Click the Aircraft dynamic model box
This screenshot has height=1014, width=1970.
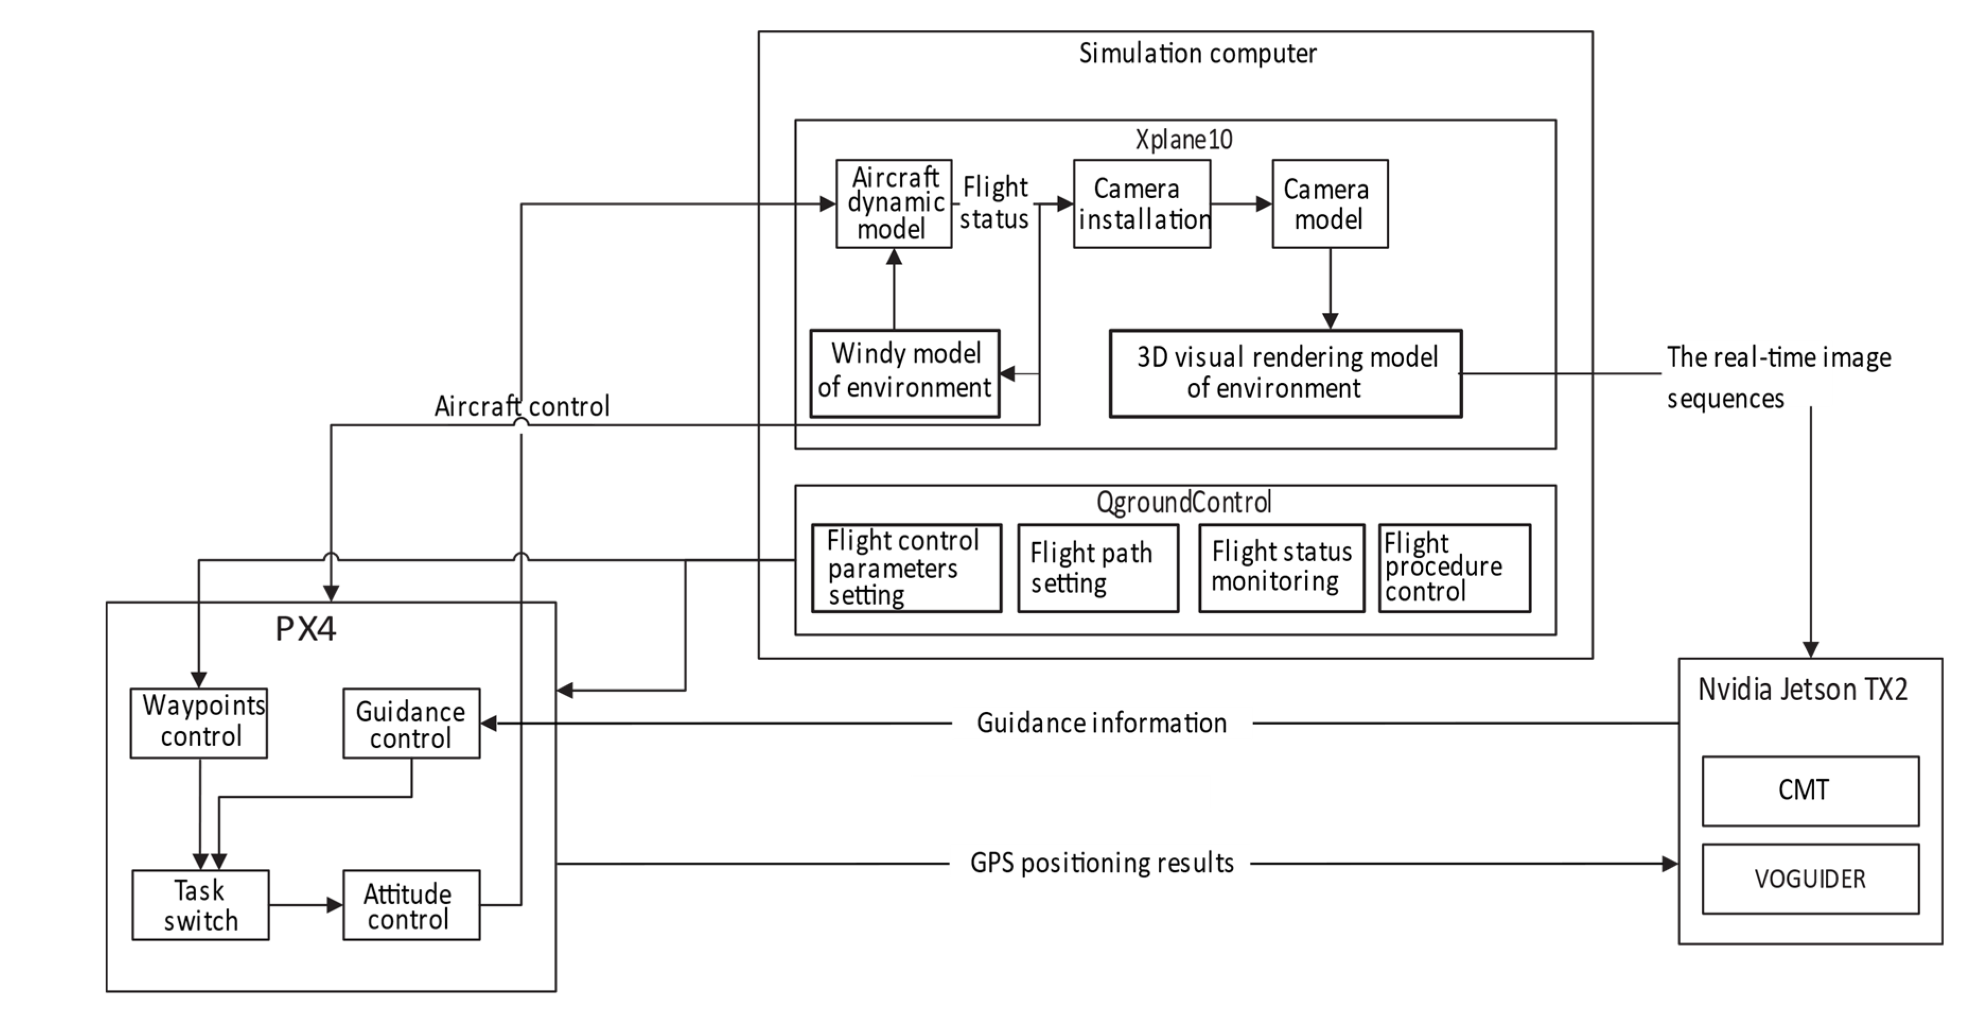point(893,204)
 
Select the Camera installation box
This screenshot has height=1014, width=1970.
point(1141,204)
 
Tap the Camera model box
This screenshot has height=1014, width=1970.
point(1329,204)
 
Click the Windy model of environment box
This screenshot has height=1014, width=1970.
point(904,373)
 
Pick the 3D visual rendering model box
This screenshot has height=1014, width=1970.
point(1285,373)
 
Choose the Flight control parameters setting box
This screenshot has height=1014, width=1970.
point(905,567)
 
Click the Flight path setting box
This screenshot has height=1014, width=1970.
point(1097,567)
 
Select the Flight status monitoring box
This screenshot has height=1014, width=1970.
point(1281,567)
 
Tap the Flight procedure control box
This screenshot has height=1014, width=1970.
point(1454,567)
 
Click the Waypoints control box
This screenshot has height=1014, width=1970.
point(199,722)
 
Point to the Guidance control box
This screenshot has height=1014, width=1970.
point(411,722)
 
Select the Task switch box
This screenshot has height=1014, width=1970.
point(200,905)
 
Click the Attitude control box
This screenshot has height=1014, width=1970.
point(411,905)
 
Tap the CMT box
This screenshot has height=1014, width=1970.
point(1809,790)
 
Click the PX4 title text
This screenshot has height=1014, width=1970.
point(305,629)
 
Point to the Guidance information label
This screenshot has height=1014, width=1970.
point(1101,722)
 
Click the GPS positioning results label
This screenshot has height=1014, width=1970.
point(1101,862)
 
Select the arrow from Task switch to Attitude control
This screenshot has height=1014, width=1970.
point(305,905)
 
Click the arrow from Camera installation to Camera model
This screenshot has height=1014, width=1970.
point(1241,204)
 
